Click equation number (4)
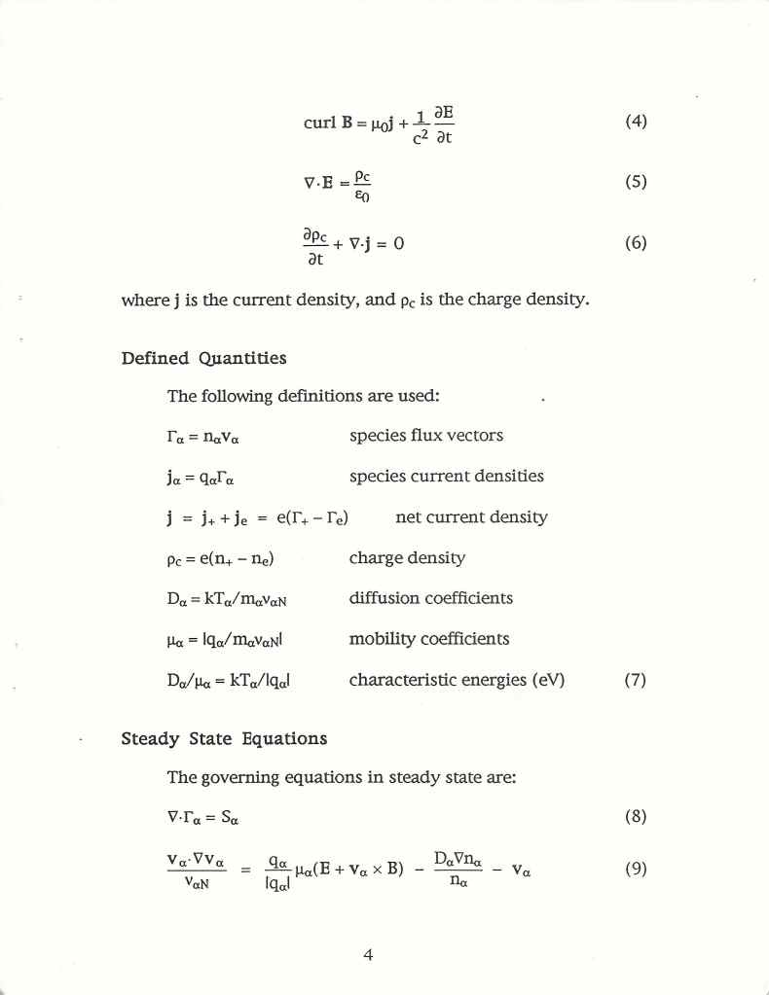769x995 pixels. pos(635,123)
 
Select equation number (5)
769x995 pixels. pos(635,182)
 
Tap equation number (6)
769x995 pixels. pos(635,242)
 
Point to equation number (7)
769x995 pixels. pos(635,680)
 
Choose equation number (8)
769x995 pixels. pos(635,816)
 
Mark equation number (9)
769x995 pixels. pos(635,869)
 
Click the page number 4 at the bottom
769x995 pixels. pos(368,954)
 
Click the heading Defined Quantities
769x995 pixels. pos(203,358)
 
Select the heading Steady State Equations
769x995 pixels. pos(224,738)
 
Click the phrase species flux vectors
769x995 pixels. pos(425,435)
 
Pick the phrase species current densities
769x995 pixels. pos(446,476)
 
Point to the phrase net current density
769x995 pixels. pos(471,516)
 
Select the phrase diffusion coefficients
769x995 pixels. pos(430,597)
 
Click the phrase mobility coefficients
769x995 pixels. pos(428,639)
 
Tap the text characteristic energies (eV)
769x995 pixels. pos(457,680)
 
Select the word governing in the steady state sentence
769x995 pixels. pos(242,777)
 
